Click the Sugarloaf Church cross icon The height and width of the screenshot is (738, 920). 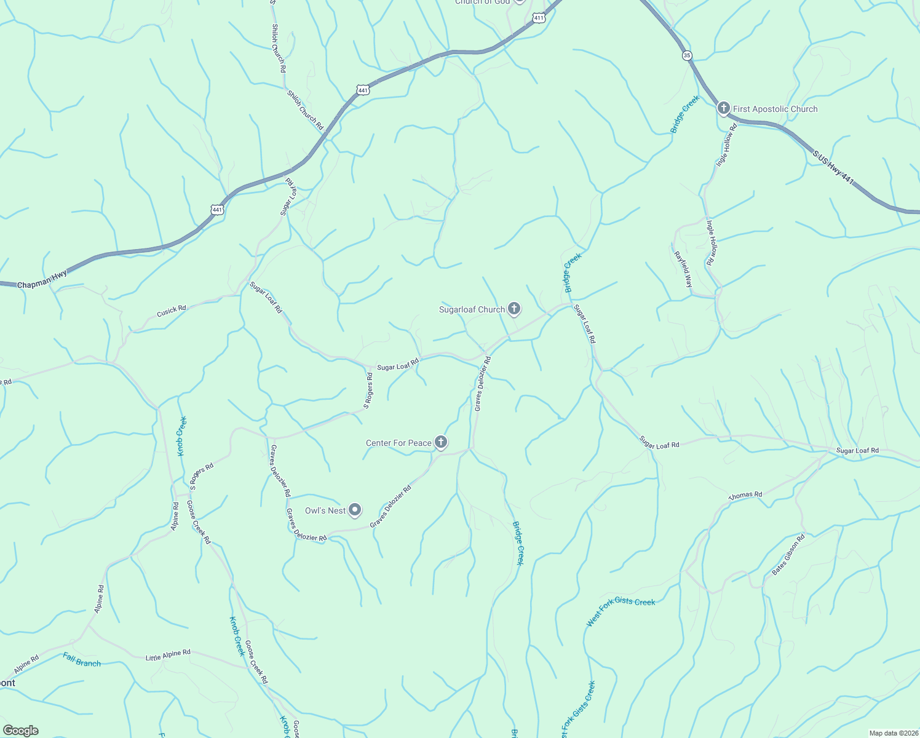pos(514,309)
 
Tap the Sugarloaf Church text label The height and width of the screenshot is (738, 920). pos(472,309)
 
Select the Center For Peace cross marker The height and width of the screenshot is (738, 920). pos(440,442)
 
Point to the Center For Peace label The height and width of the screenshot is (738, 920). pos(399,443)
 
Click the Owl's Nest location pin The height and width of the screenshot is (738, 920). pos(355,510)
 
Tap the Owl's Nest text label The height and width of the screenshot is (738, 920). pos(325,510)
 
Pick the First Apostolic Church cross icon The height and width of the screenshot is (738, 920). pos(723,109)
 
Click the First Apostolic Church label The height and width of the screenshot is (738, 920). pos(775,109)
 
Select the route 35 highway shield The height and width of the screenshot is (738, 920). pos(687,55)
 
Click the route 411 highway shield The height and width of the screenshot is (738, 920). pos(539,18)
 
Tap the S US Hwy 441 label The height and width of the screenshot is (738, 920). pos(834,167)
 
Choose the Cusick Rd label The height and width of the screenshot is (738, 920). pos(171,311)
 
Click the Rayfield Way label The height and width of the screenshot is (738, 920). pos(683,269)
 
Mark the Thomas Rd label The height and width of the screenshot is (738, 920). pos(745,495)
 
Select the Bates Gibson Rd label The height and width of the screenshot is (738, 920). pos(788,555)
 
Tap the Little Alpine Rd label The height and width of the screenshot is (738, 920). pos(168,656)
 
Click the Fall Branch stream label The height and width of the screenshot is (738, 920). pos(82,660)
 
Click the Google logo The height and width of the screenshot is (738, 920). pos(20,731)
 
